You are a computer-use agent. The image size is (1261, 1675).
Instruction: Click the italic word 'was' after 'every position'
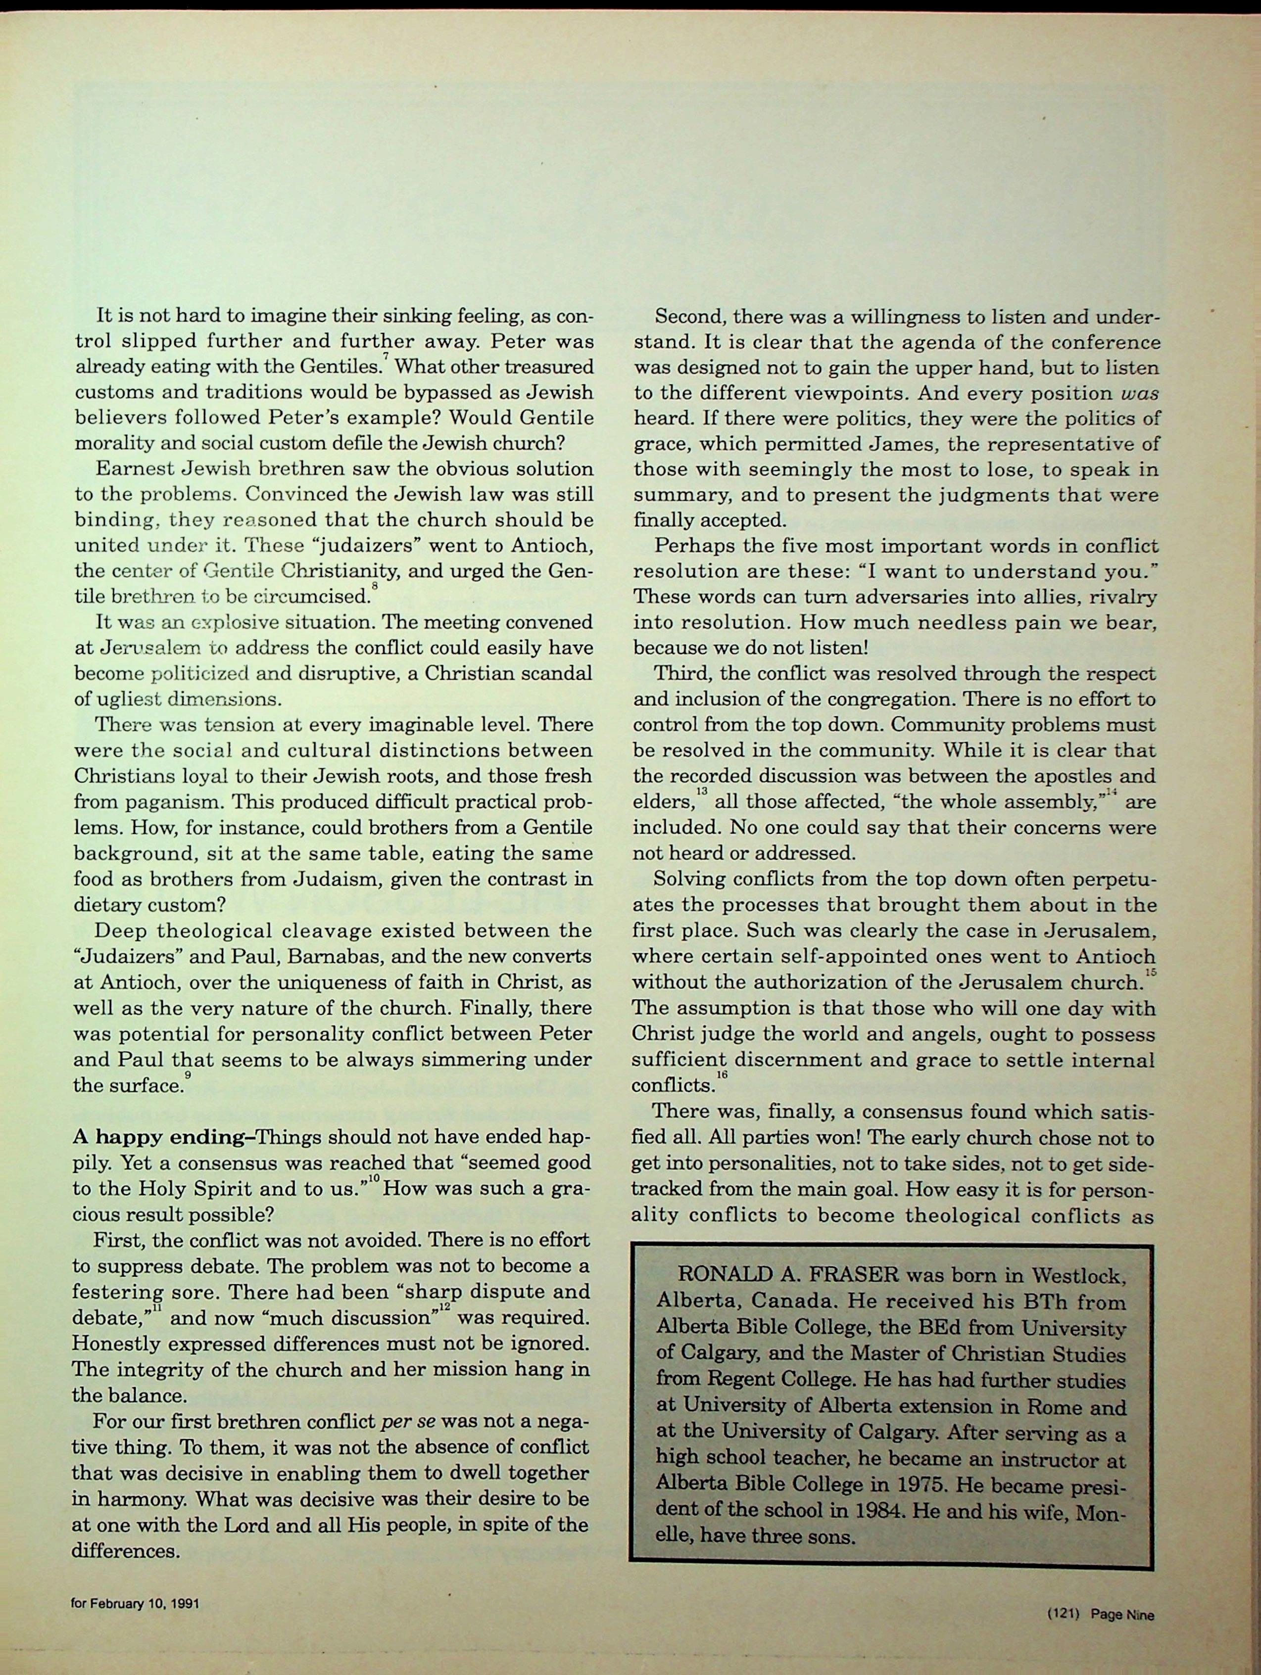[1141, 393]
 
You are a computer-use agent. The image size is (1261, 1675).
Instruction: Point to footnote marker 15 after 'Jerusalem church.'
[1151, 972]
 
